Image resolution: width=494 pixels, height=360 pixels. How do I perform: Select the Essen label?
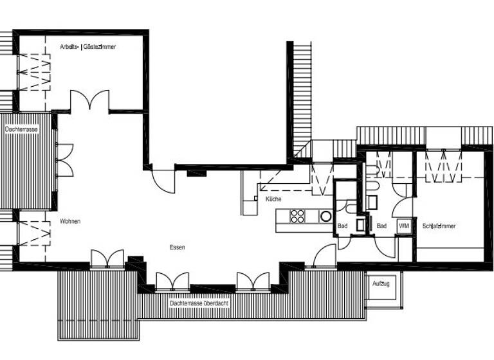coord(177,247)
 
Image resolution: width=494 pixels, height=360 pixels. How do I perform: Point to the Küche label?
coord(273,199)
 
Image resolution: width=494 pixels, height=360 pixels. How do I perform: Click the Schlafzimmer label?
coord(439,226)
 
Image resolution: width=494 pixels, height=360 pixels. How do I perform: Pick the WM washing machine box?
coord(404,226)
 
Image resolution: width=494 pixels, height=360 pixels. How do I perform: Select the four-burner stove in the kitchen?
coord(297,216)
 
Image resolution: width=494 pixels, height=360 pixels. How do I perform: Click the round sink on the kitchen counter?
coord(326,217)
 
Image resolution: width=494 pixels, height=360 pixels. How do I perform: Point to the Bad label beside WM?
coord(381,226)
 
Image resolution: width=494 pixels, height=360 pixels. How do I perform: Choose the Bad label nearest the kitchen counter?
coord(342,226)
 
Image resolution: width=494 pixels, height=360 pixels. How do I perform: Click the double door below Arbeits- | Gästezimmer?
coord(90,102)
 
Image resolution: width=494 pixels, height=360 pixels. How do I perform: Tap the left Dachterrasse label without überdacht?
coord(21,129)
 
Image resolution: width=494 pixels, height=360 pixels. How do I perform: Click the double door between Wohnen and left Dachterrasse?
coord(64,160)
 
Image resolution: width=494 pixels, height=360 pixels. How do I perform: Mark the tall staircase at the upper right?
coord(302,100)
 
